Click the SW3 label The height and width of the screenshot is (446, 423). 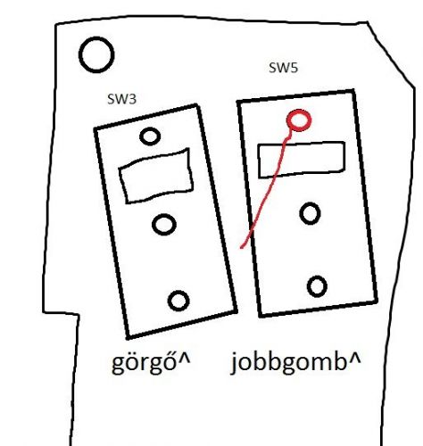pyautogui.click(x=121, y=99)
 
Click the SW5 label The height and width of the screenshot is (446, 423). pyautogui.click(x=283, y=68)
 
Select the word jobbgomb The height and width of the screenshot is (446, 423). pyautogui.click(x=287, y=362)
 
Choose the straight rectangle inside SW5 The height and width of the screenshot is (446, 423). pyautogui.click(x=259, y=161)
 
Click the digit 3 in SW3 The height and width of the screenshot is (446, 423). pyautogui.click(x=131, y=99)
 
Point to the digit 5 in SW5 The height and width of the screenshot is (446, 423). pyautogui.click(x=293, y=68)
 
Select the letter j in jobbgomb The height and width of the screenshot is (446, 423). pyautogui.click(x=235, y=363)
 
